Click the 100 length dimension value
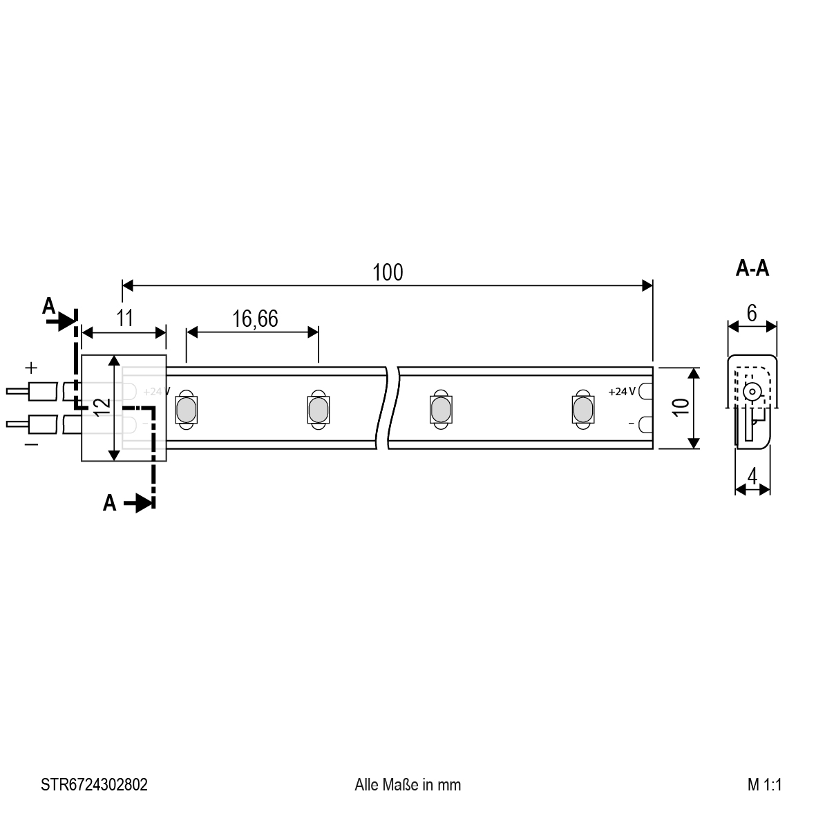(388, 273)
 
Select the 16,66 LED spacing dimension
(255, 319)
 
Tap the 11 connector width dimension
(125, 318)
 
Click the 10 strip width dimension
(681, 407)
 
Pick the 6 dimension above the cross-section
(752, 313)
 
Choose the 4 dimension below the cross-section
(752, 475)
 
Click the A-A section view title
(752, 268)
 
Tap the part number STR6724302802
(94, 784)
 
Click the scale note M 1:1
(764, 784)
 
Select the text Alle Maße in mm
(408, 784)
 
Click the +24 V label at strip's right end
(622, 391)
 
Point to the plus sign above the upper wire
(31, 368)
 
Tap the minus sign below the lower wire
(31, 444)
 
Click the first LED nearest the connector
(187, 410)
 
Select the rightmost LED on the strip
(583, 410)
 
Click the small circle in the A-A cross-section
(752, 391)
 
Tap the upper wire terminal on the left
(31, 391)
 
